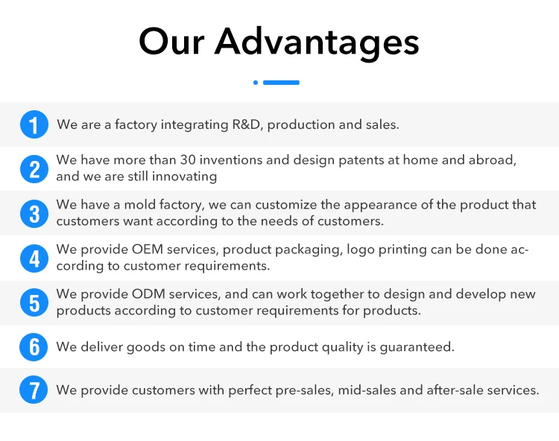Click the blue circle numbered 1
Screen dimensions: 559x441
click(34, 124)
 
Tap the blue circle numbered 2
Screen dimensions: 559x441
click(34, 169)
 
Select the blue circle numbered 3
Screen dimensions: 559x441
click(34, 214)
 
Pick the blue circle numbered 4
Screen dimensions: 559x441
click(34, 258)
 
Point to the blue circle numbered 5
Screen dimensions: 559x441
click(34, 302)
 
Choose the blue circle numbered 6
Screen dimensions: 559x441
click(34, 347)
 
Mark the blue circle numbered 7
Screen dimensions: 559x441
click(34, 390)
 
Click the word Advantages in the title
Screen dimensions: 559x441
click(317, 42)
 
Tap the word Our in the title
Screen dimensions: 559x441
click(171, 42)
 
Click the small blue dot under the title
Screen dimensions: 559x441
click(255, 83)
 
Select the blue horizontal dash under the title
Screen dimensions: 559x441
click(281, 83)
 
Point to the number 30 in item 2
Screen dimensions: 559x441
click(188, 160)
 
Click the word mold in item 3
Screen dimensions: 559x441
click(139, 205)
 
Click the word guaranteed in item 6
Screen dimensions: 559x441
click(417, 347)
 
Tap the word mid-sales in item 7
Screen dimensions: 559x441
click(367, 390)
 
